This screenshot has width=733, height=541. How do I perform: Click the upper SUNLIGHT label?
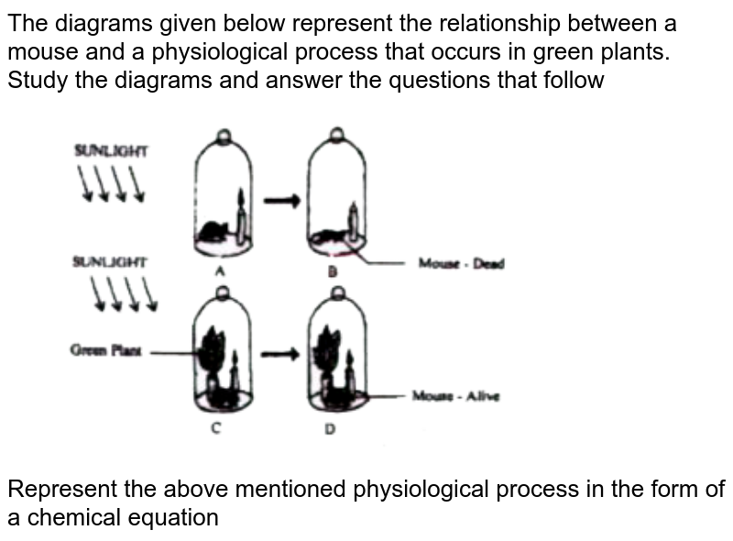tap(114, 151)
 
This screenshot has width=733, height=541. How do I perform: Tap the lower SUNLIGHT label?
tap(113, 260)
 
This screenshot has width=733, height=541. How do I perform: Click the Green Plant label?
tap(101, 349)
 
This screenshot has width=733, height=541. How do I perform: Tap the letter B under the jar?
tap(334, 272)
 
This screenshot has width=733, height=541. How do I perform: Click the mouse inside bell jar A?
tap(215, 231)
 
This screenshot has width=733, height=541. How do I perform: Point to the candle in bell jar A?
tap(242, 216)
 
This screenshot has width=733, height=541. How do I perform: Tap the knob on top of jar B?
tap(336, 136)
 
